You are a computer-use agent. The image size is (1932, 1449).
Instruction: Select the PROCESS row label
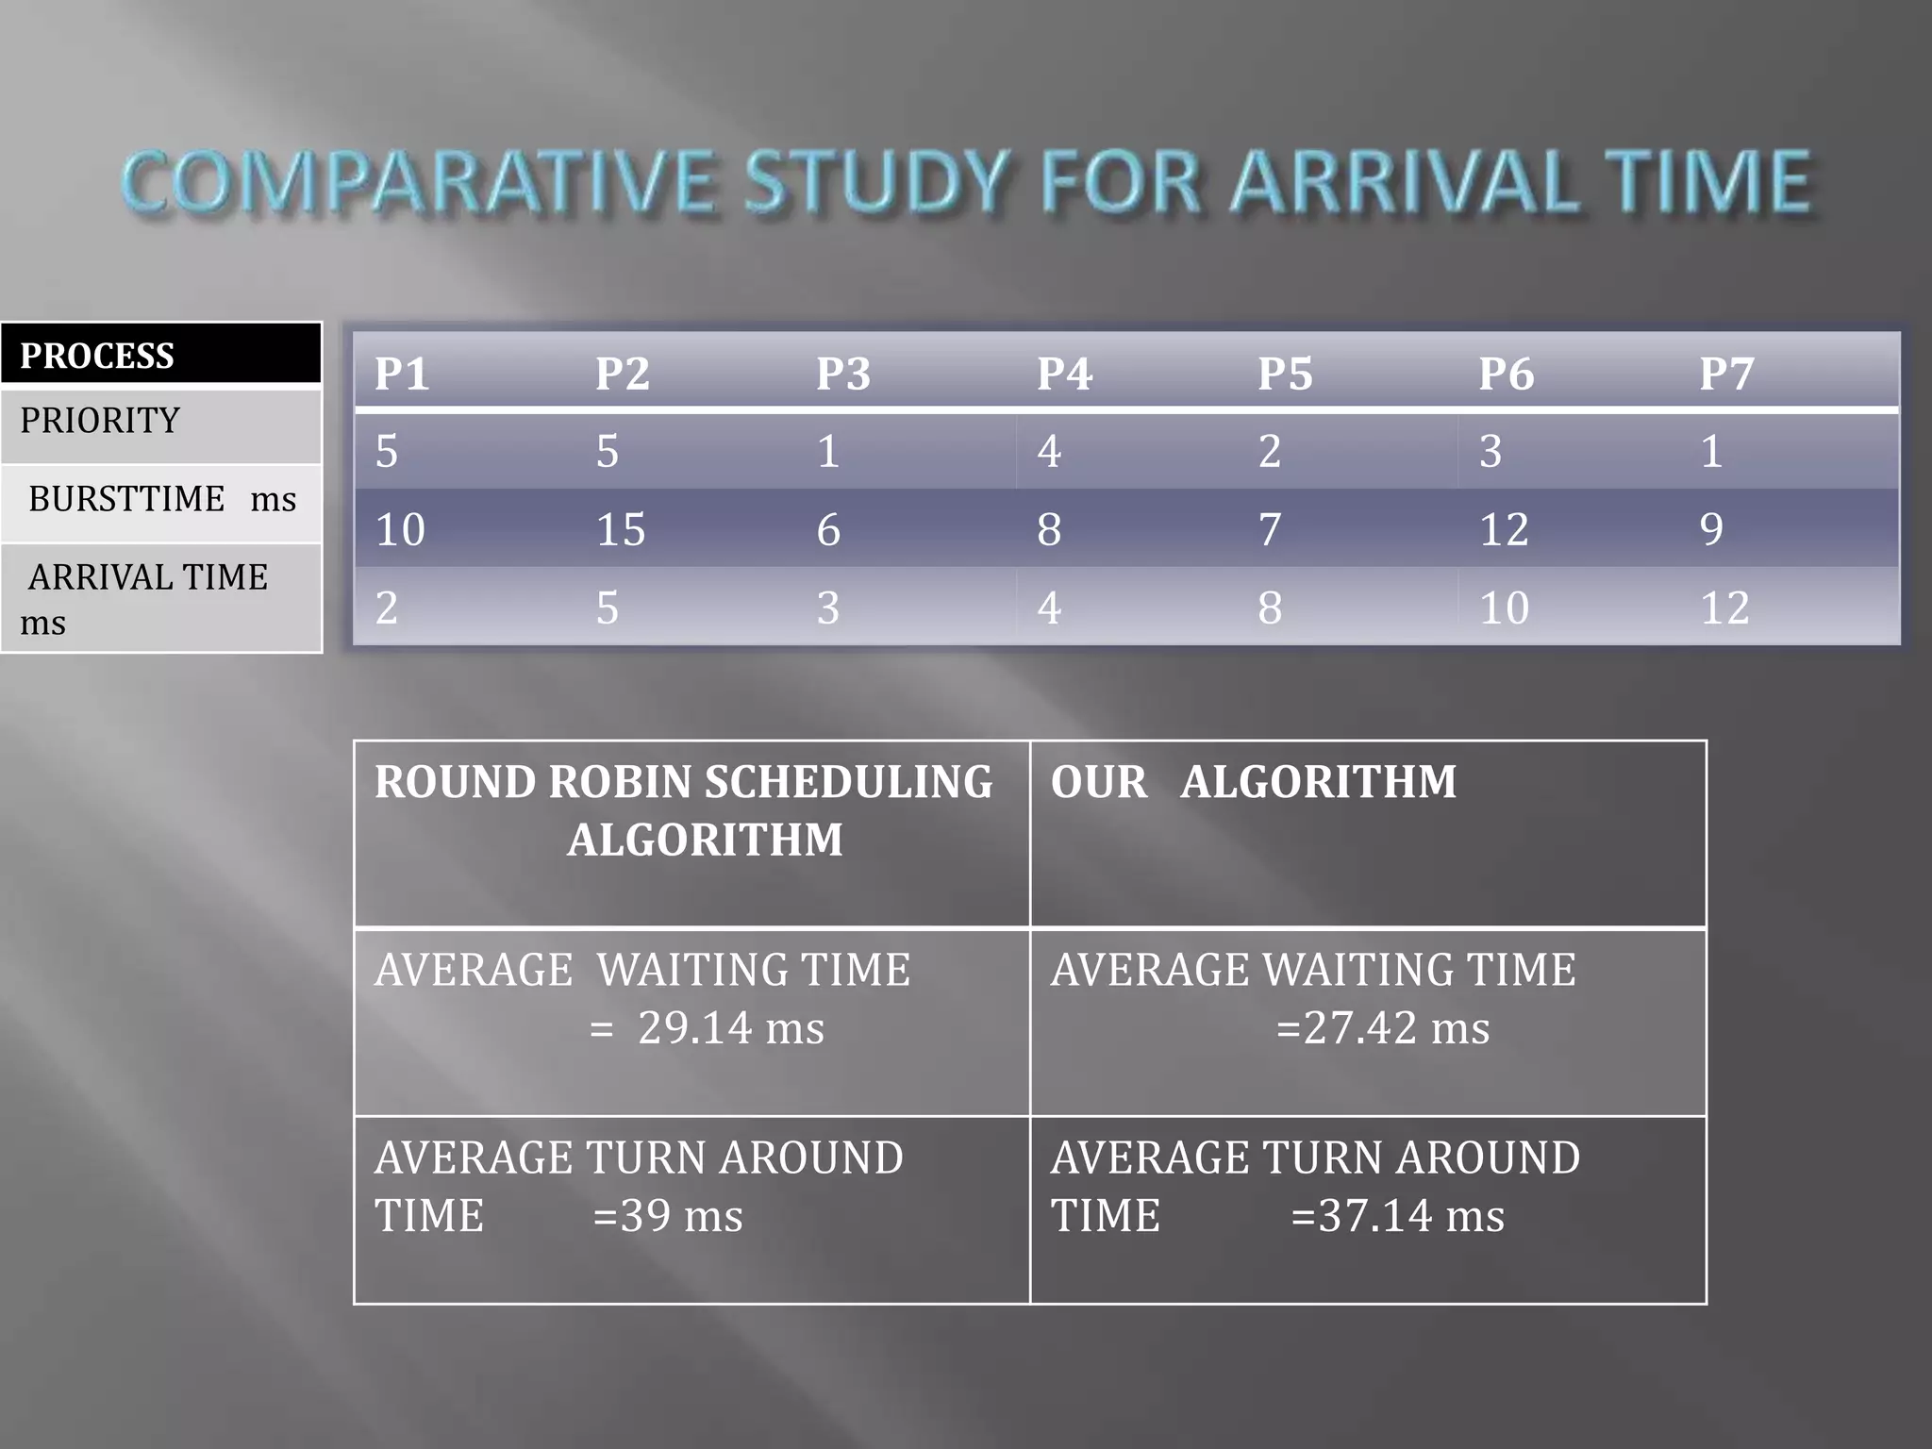97,356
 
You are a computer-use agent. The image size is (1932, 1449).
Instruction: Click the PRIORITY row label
100,421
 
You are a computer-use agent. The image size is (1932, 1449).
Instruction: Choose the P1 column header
402,374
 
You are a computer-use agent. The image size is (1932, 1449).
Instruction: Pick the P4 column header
1064,374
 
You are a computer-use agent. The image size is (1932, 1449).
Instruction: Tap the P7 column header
1726,374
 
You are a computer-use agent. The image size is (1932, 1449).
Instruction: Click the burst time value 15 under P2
621,529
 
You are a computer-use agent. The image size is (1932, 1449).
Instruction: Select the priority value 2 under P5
1270,451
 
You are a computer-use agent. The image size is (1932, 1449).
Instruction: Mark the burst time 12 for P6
1504,529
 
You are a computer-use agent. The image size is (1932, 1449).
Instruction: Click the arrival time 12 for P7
1724,608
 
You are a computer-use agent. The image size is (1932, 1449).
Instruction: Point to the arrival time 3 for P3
828,608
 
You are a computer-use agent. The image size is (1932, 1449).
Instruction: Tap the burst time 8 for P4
1049,529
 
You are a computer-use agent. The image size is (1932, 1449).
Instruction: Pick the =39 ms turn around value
668,1215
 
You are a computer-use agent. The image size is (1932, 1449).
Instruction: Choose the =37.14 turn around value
1398,1215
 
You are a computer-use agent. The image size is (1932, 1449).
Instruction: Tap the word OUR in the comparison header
1099,782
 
